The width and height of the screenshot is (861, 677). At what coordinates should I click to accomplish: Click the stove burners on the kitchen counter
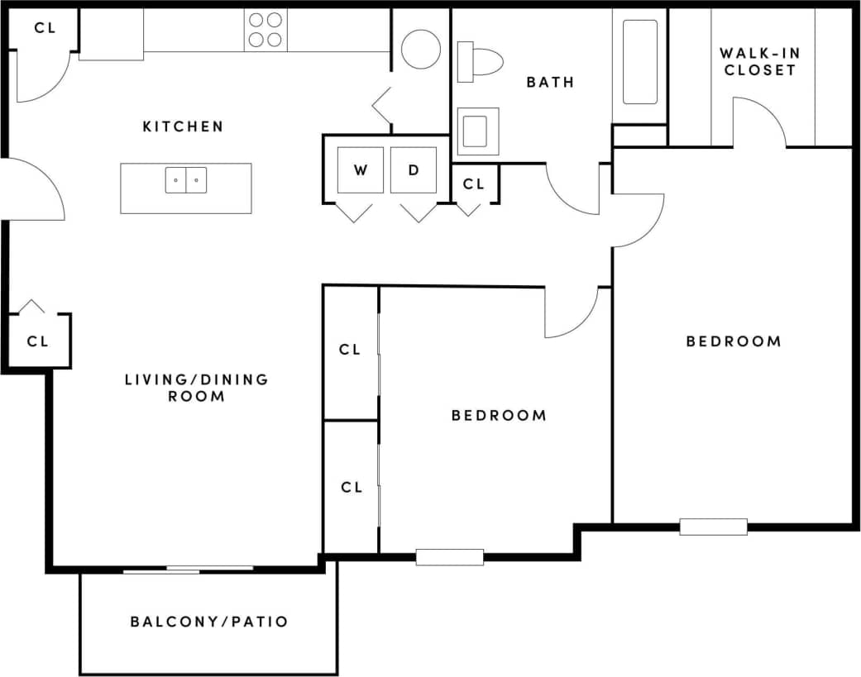click(265, 29)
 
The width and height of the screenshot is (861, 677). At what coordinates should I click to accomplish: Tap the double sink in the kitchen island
click(186, 179)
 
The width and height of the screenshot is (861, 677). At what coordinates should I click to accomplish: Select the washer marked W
click(361, 170)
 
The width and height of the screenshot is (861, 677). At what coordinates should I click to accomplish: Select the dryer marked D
click(414, 170)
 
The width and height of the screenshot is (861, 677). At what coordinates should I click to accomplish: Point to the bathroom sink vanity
click(477, 131)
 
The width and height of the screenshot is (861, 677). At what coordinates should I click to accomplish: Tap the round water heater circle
click(420, 49)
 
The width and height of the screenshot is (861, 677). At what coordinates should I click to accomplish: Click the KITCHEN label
click(183, 126)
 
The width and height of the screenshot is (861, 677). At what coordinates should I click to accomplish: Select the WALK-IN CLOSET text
click(760, 62)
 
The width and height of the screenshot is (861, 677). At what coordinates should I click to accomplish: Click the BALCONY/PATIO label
click(209, 622)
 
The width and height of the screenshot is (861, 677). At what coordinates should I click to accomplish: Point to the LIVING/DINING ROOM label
click(197, 388)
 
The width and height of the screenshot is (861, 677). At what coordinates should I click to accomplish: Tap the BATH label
click(550, 82)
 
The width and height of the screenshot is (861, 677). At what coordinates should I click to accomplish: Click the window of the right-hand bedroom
click(713, 527)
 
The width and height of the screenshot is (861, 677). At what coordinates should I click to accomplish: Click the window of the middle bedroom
click(449, 557)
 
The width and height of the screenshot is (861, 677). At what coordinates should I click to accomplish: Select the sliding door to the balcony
click(189, 569)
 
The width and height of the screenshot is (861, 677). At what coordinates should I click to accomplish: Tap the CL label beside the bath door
click(473, 184)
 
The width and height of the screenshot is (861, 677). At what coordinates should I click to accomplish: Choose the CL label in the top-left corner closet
click(44, 27)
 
